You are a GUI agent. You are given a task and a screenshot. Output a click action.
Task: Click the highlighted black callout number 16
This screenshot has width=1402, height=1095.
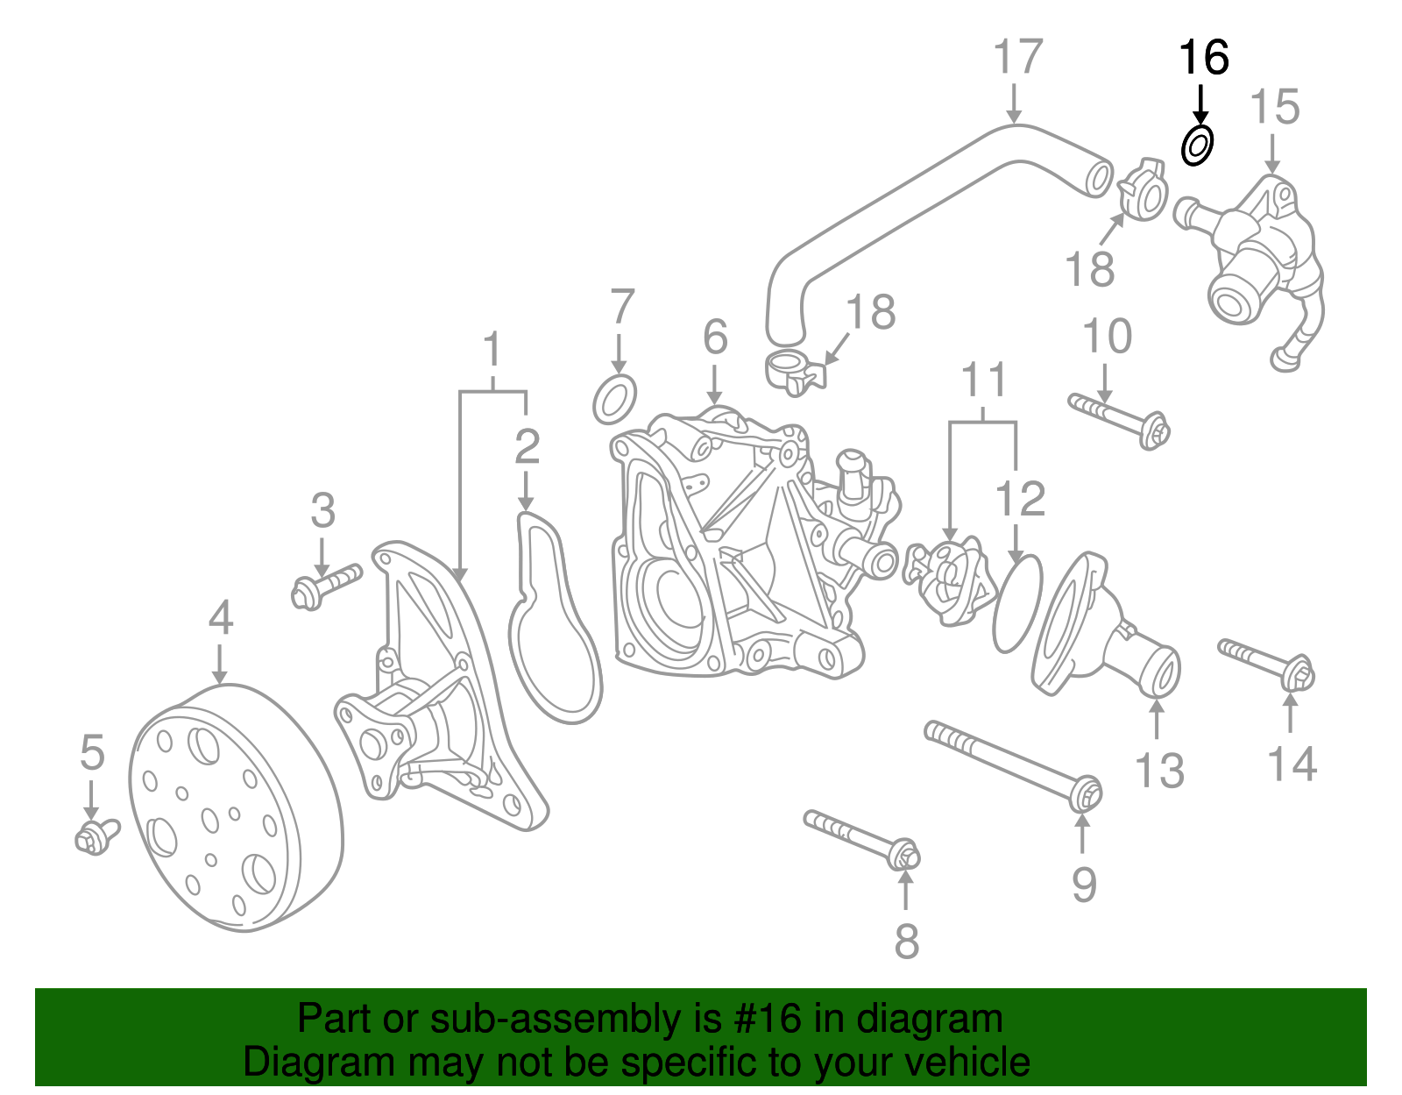[1203, 58]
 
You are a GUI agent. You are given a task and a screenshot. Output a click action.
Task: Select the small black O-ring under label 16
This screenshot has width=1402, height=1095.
[1197, 145]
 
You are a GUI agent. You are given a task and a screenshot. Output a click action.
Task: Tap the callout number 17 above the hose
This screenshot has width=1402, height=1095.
[1017, 58]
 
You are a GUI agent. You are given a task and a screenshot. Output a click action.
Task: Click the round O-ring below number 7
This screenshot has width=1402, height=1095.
[614, 400]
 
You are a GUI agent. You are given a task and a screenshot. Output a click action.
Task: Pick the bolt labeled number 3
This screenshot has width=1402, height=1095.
[325, 587]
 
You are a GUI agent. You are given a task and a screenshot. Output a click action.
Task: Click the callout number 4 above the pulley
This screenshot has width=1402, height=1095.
[221, 618]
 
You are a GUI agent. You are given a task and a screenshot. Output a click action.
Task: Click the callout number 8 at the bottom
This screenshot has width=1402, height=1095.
[906, 941]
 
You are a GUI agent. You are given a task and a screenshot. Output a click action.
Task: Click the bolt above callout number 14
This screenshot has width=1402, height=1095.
[1267, 664]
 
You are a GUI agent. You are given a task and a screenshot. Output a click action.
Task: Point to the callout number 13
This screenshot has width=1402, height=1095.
[1158, 771]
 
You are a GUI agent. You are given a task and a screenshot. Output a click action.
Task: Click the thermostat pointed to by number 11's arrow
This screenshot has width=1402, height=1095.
[947, 582]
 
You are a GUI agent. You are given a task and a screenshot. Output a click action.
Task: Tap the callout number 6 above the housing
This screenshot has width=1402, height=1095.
[715, 337]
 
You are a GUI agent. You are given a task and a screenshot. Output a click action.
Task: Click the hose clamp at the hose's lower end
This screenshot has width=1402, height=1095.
[794, 372]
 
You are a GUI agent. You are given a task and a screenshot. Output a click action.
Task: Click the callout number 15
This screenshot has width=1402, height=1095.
[1273, 108]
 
